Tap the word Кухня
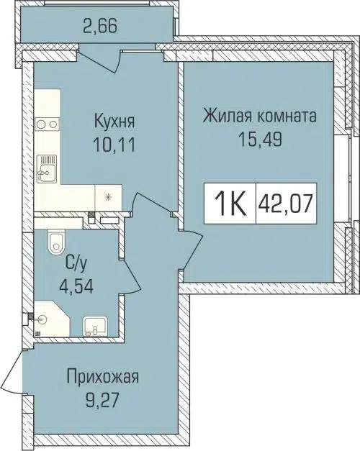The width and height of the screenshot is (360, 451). pos(115,119)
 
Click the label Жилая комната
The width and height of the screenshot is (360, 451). pos(260,116)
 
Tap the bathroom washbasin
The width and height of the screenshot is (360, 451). pos(93,328)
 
